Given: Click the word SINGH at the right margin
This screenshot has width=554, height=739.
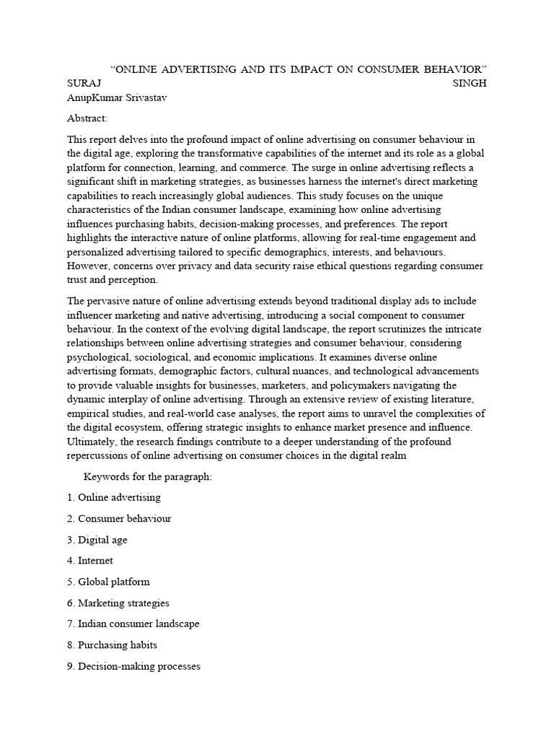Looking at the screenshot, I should coord(469,83).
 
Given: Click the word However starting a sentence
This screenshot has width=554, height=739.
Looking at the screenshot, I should coord(89,266).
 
